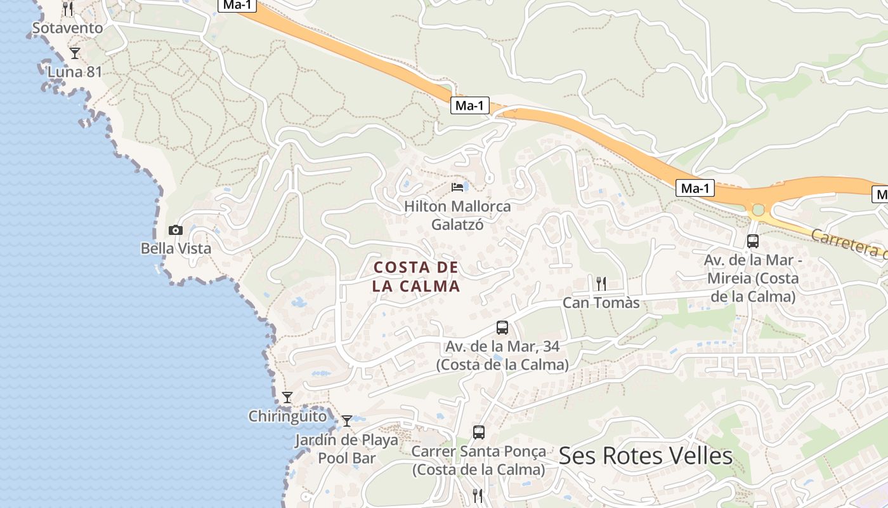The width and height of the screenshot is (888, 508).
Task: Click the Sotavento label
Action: point(67,28)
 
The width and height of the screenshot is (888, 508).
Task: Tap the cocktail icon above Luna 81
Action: point(75,53)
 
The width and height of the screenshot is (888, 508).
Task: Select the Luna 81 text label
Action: point(75,72)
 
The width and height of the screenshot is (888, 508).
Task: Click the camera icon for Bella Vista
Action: point(176,230)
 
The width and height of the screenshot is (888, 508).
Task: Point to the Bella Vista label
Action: point(176,248)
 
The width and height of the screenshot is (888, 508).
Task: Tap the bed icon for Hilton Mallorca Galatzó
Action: point(457,187)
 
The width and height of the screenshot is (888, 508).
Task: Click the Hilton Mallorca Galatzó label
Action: point(457,215)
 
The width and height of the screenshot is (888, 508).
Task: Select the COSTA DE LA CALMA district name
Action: point(416,276)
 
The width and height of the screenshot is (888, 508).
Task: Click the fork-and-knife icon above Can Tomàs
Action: point(601,283)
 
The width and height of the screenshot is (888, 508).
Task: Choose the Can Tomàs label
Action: point(601,303)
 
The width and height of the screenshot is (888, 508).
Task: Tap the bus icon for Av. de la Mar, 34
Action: point(502,328)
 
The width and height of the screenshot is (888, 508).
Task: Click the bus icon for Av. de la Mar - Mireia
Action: point(753,241)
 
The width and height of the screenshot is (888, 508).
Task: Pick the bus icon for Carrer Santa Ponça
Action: point(479,432)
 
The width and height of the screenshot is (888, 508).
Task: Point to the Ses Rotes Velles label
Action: point(646,456)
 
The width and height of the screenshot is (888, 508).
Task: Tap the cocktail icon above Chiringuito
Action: point(287,398)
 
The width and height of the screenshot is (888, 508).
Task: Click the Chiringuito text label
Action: point(287,417)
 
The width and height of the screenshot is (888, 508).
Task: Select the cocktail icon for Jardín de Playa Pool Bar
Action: point(347,420)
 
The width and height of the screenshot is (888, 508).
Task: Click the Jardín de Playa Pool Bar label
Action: point(347,448)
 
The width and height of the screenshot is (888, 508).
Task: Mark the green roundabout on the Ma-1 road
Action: point(758,210)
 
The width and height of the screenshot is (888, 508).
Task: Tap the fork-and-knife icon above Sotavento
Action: point(68,9)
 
